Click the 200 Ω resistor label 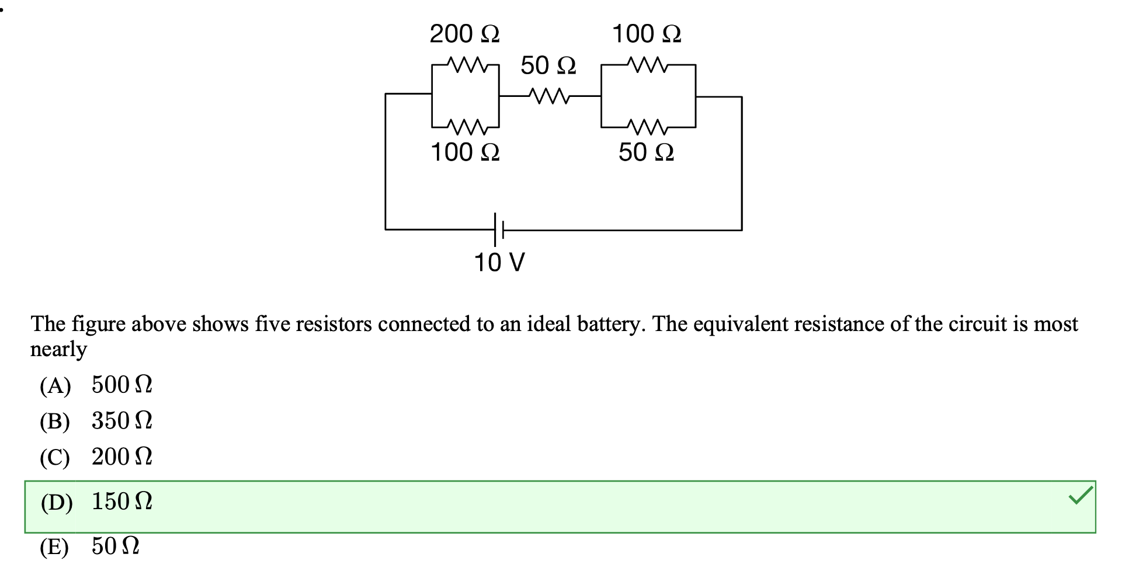coord(464,34)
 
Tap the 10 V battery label coord(499,263)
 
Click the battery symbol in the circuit coord(498,229)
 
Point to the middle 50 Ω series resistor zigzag coord(548,95)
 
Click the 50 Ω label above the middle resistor coord(548,65)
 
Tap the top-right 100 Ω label coord(646,34)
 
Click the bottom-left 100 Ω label coord(464,152)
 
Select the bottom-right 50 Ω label coord(646,152)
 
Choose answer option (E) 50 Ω coord(89,547)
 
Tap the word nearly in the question coord(58,349)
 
